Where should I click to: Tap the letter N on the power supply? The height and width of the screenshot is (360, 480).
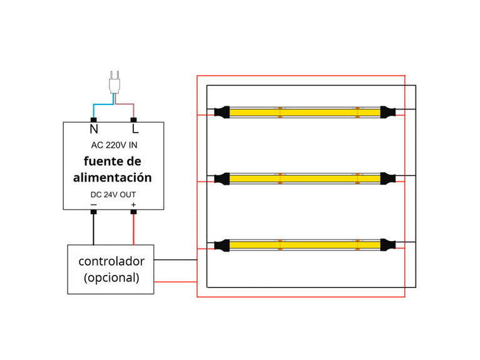(x=94, y=130)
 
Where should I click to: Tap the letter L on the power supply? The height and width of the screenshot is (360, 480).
(x=134, y=130)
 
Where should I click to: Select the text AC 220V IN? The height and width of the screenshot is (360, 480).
(x=114, y=145)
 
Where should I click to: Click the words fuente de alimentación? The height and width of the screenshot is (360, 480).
(x=113, y=170)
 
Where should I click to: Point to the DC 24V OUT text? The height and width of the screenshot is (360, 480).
(x=113, y=195)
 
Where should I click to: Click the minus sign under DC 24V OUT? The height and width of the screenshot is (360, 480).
(x=94, y=204)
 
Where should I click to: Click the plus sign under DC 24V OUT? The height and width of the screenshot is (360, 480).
(x=133, y=204)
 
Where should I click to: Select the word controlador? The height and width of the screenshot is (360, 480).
(x=111, y=261)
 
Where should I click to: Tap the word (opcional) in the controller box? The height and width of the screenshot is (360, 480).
(x=111, y=277)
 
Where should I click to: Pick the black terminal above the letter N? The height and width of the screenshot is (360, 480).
(x=94, y=119)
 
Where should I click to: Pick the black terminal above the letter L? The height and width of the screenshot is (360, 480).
(x=133, y=119)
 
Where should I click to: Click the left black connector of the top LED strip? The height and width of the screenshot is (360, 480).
(x=222, y=113)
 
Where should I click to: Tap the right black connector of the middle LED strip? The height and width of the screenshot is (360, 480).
(x=388, y=178)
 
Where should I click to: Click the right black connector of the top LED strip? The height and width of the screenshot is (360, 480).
(x=388, y=113)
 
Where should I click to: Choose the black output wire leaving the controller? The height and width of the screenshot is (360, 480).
(x=175, y=259)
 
